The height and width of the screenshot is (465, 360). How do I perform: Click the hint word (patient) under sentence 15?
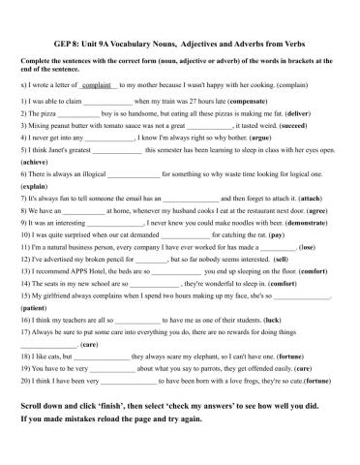click(36, 306)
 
